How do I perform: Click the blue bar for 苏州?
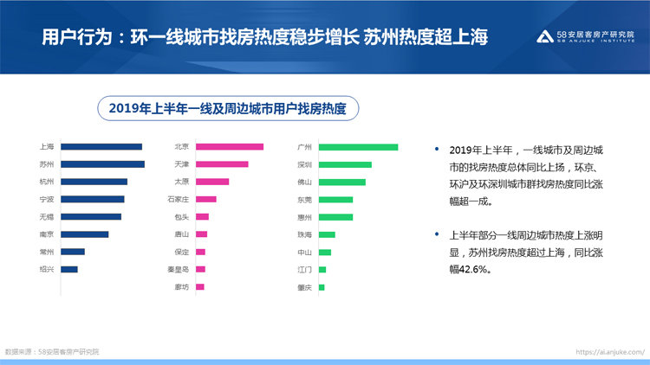tap(102, 164)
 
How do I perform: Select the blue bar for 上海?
tap(101, 147)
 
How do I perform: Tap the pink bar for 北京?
tap(230, 147)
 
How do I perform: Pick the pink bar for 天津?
tap(222, 164)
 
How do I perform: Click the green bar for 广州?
tap(358, 147)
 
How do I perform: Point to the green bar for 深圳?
tap(345, 164)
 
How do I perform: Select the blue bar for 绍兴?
tap(69, 269)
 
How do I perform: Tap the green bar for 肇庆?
tap(322, 287)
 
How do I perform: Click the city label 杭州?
tap(47, 182)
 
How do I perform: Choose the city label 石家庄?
tap(179, 199)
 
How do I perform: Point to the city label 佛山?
tap(304, 182)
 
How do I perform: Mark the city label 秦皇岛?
tap(179, 269)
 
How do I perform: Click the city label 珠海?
tap(304, 234)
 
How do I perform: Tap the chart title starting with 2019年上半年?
tap(227, 109)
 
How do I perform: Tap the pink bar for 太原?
tap(212, 182)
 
